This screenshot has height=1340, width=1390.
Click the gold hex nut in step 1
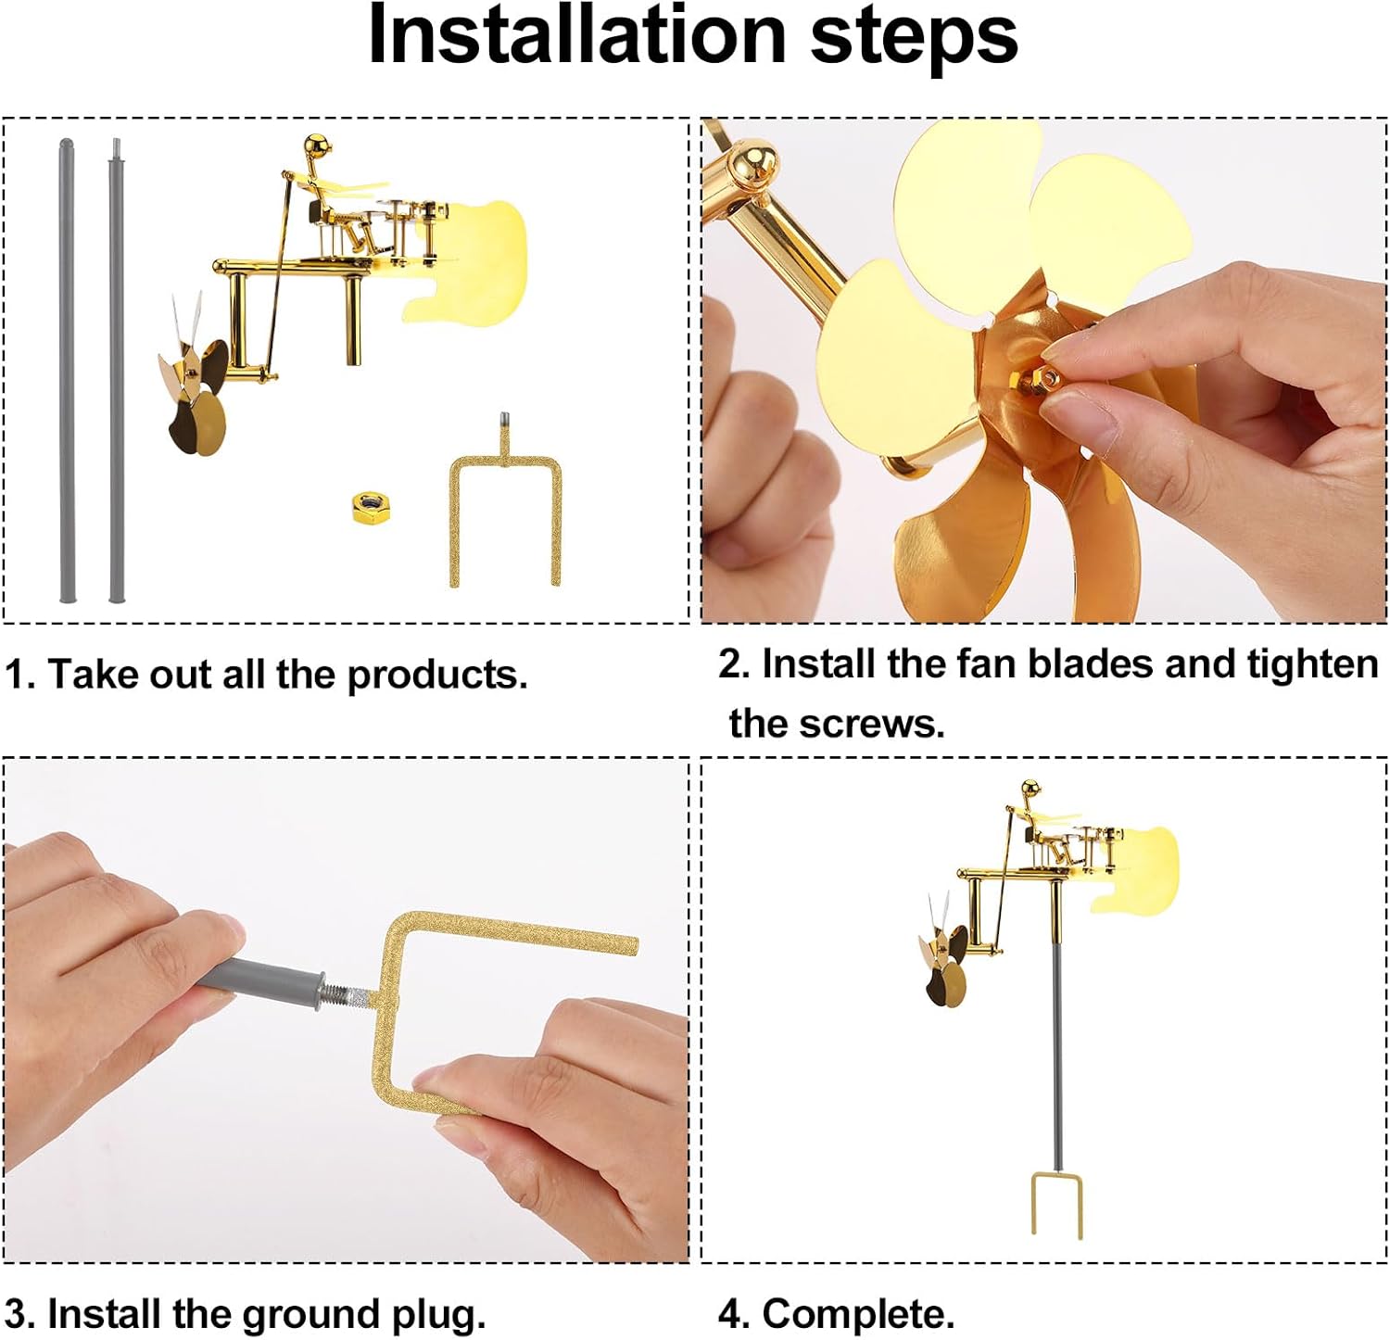(x=374, y=508)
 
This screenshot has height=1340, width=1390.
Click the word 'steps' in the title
(x=914, y=37)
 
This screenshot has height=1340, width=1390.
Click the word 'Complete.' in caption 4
(x=858, y=1314)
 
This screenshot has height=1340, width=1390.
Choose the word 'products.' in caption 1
(x=437, y=676)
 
